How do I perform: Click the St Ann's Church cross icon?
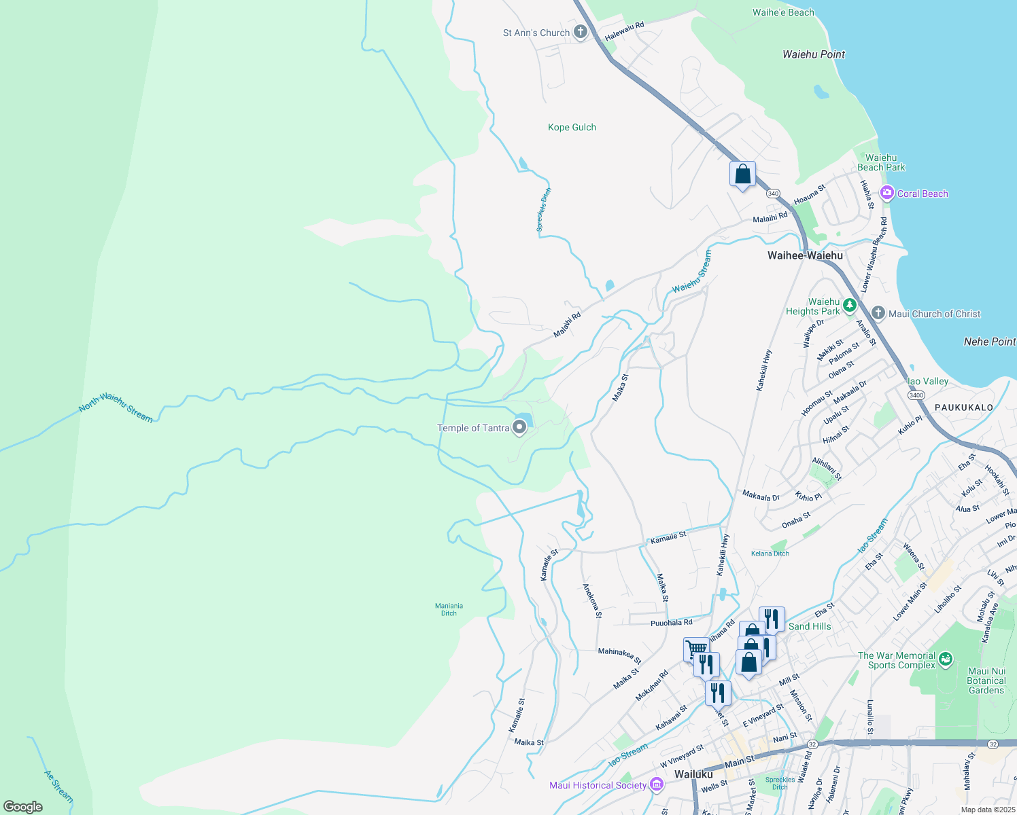(580, 32)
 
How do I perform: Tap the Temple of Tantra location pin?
(519, 427)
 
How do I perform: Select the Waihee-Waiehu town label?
(805, 255)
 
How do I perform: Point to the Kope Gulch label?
(572, 127)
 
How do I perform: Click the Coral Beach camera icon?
(886, 194)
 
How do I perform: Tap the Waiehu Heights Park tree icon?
(849, 306)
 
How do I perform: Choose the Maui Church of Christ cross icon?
(878, 313)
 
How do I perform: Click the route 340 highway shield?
(773, 194)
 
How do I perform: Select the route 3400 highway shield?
(916, 395)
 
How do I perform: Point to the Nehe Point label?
(989, 342)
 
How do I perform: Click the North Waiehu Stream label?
(116, 407)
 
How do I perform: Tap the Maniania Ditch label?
(449, 609)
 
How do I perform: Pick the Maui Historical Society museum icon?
(656, 785)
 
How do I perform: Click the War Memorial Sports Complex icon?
(945, 659)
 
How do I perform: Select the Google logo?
(23, 806)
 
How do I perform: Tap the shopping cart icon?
(696, 649)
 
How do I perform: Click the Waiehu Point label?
(814, 54)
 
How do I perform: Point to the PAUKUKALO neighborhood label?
(963, 407)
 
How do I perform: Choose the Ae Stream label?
(58, 785)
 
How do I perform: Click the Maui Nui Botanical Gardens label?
(986, 681)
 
